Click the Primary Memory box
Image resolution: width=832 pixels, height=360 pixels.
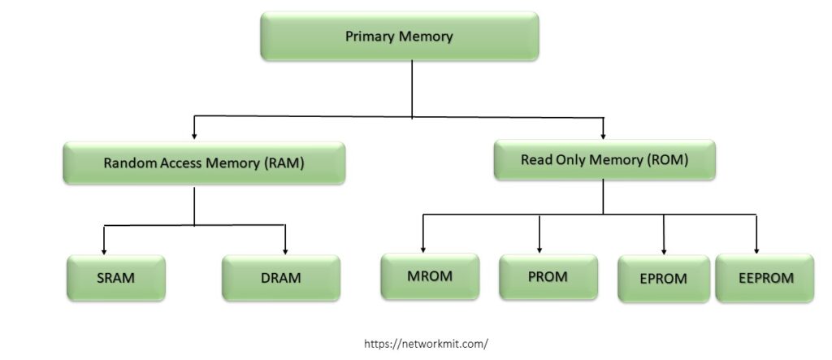[399, 37]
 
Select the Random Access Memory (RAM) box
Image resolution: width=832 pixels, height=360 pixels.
[204, 163]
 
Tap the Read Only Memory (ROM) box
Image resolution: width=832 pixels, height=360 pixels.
[604, 160]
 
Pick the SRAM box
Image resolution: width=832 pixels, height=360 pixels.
[115, 278]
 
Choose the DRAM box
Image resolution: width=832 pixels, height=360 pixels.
[280, 278]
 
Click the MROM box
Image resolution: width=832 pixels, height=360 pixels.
[430, 275]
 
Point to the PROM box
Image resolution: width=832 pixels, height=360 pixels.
[548, 276]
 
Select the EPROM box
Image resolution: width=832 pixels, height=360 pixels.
[664, 278]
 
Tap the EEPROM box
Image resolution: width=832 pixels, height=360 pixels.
[764, 277]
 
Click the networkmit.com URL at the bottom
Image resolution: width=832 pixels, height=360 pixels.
[426, 344]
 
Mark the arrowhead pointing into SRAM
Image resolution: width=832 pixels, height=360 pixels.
[104, 250]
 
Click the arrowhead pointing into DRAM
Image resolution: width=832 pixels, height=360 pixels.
[286, 250]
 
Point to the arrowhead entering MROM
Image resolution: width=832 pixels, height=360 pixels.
[423, 249]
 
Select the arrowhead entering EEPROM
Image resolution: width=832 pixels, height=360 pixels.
[756, 249]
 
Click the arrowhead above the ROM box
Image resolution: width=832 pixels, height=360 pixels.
[604, 135]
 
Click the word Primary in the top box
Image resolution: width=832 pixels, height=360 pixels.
[370, 37]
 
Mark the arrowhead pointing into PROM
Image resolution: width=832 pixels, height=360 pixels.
[539, 249]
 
